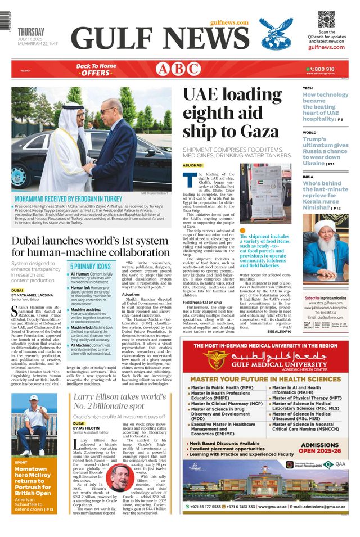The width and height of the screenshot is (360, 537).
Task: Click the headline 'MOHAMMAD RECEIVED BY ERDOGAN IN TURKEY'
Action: pos(68,199)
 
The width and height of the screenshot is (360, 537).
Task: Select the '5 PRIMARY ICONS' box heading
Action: pos(91,266)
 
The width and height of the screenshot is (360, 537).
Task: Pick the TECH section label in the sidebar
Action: pos(308,89)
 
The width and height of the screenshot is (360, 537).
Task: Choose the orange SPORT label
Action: pos(21,462)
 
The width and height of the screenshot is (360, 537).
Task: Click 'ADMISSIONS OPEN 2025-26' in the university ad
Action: pos(319,447)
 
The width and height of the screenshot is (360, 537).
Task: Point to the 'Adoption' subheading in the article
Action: pos(130,294)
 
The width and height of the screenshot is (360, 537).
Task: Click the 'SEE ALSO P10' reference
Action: pos(280,332)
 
